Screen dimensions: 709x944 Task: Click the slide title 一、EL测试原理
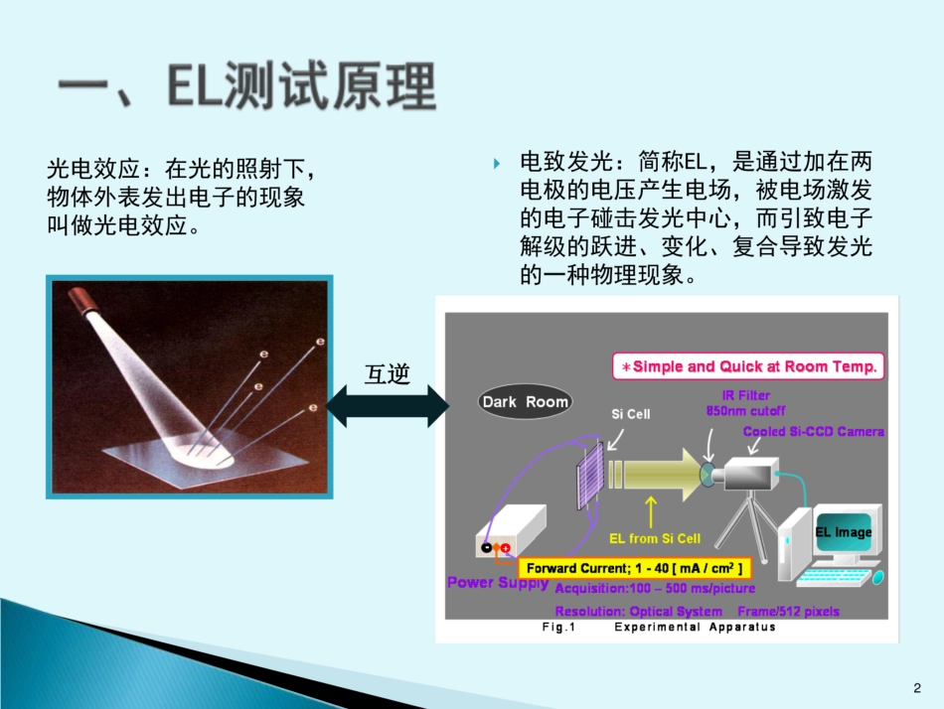(x=246, y=87)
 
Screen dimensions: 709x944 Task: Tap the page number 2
(x=916, y=687)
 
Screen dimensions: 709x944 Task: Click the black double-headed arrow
(x=387, y=404)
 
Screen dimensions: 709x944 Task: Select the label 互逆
(x=387, y=372)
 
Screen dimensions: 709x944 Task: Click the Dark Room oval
(x=525, y=401)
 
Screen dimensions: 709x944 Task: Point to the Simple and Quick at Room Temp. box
(x=747, y=366)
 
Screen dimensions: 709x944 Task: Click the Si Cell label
(x=630, y=413)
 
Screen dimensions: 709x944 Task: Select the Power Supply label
(x=497, y=582)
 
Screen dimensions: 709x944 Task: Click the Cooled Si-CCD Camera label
(x=813, y=431)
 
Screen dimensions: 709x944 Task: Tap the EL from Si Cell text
(x=654, y=538)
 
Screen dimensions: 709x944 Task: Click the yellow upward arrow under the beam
(x=651, y=511)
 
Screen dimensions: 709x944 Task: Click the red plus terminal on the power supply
(x=506, y=548)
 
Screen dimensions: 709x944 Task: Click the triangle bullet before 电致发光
(x=496, y=162)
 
